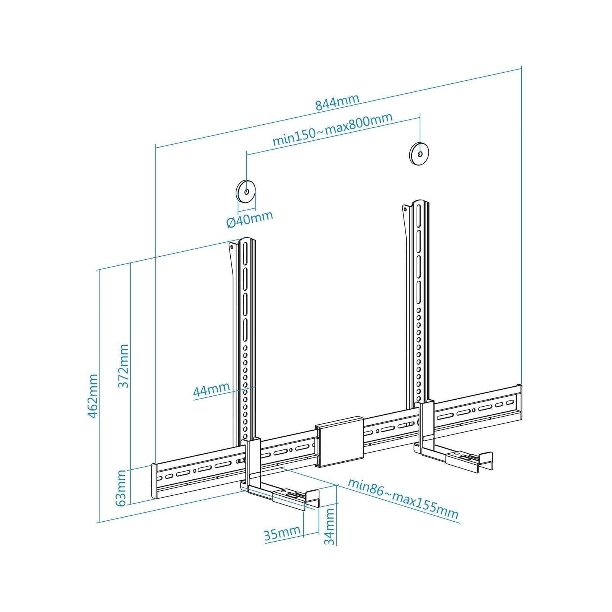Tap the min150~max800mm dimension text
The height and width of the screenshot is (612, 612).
[x=332, y=129]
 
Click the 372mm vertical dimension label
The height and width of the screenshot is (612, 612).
[x=123, y=366]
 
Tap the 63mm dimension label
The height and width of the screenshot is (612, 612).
[x=121, y=488]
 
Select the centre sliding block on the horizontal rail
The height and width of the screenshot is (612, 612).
[x=339, y=441]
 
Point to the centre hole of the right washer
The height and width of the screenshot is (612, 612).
[x=420, y=154]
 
